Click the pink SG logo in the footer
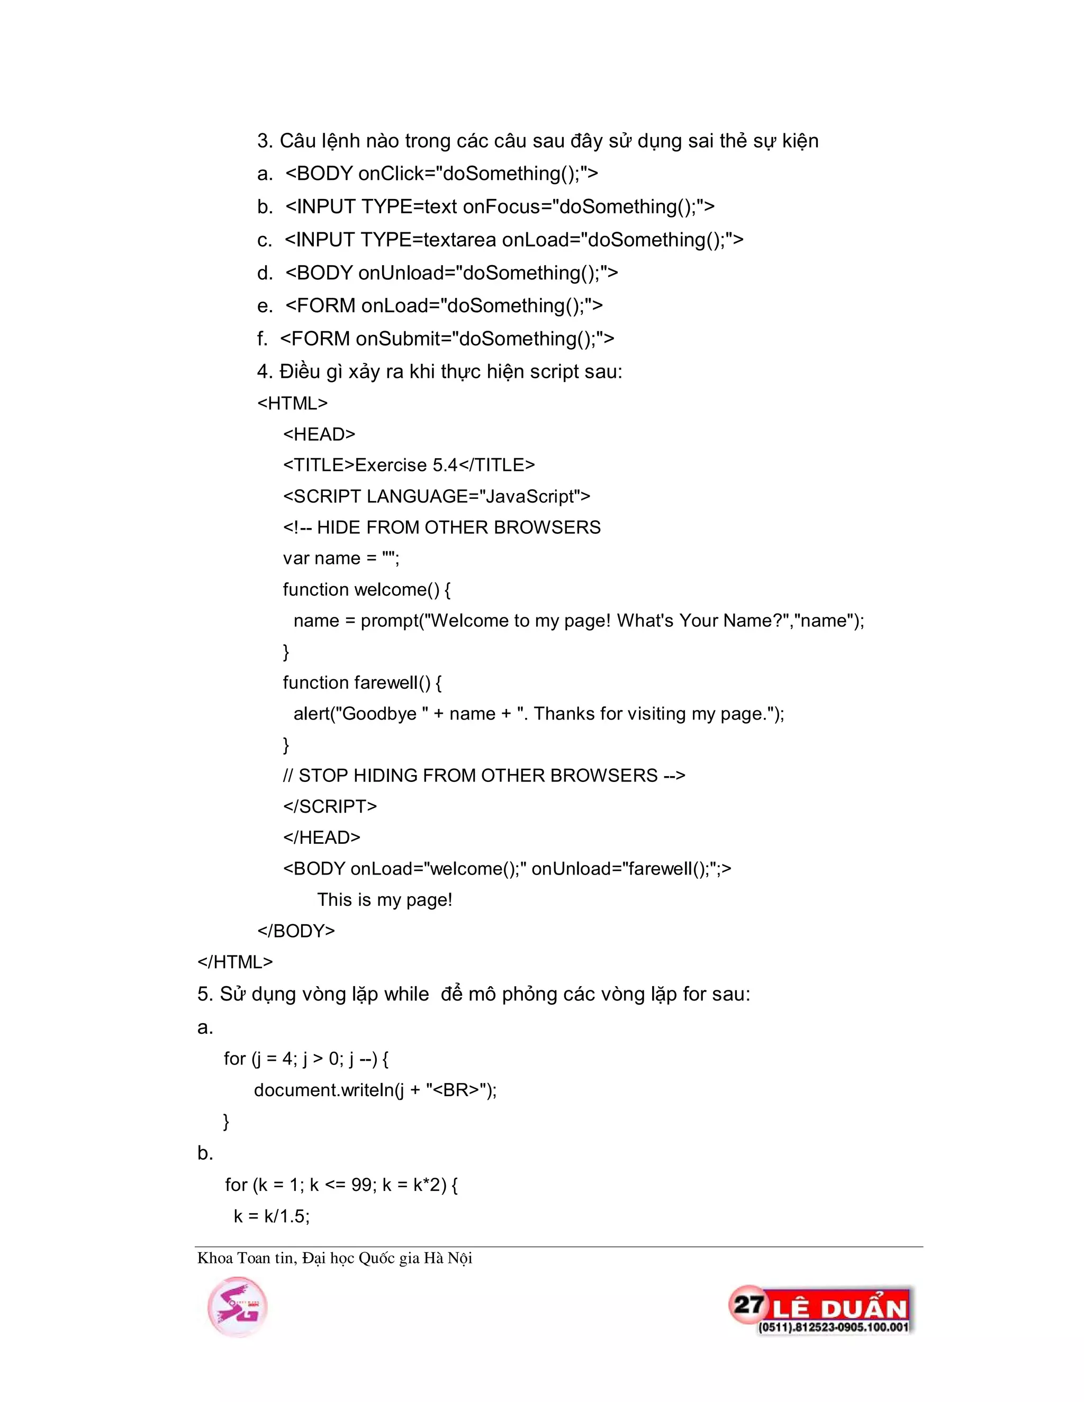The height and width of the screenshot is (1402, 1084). tap(237, 1307)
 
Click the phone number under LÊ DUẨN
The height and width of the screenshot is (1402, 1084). tap(833, 1327)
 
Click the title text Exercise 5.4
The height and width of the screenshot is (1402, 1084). tap(406, 465)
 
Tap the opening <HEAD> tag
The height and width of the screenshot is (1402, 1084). tap(319, 434)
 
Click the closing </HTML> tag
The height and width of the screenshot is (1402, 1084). tap(235, 962)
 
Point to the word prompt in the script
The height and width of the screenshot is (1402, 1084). tap(389, 621)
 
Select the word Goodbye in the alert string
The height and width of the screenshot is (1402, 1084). tap(378, 714)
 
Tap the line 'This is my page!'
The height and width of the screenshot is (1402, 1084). tap(385, 900)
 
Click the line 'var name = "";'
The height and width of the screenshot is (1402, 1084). tap(341, 559)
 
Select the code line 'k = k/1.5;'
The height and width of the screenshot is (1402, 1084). tap(272, 1216)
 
